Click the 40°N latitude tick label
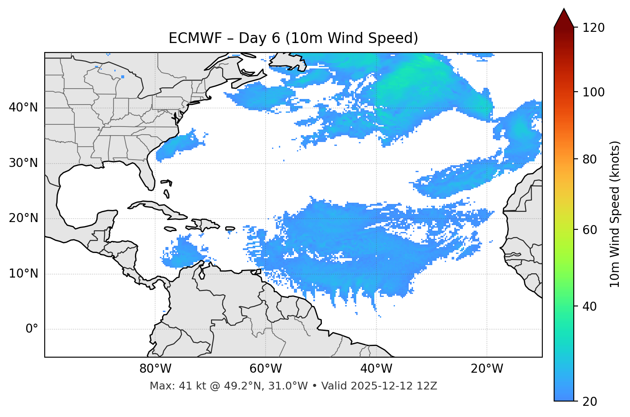click(23, 108)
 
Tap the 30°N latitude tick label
click(23, 163)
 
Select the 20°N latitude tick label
click(23, 218)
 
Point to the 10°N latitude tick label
click(23, 274)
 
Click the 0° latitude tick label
click(32, 329)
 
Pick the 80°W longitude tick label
click(155, 369)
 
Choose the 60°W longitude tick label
click(266, 369)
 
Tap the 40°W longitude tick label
click(376, 369)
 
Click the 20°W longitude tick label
click(487, 369)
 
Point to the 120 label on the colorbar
click(593, 28)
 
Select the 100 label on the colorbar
click(593, 92)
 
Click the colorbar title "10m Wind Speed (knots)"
click(615, 214)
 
